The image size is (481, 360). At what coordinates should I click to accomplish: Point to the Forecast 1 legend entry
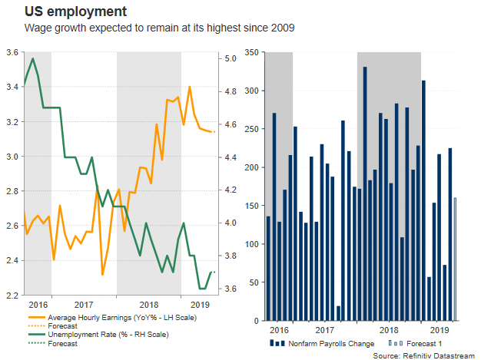click(x=420, y=342)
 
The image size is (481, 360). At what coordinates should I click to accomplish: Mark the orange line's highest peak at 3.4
click(x=190, y=87)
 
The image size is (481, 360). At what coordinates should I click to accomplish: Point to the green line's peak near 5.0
click(x=32, y=58)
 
